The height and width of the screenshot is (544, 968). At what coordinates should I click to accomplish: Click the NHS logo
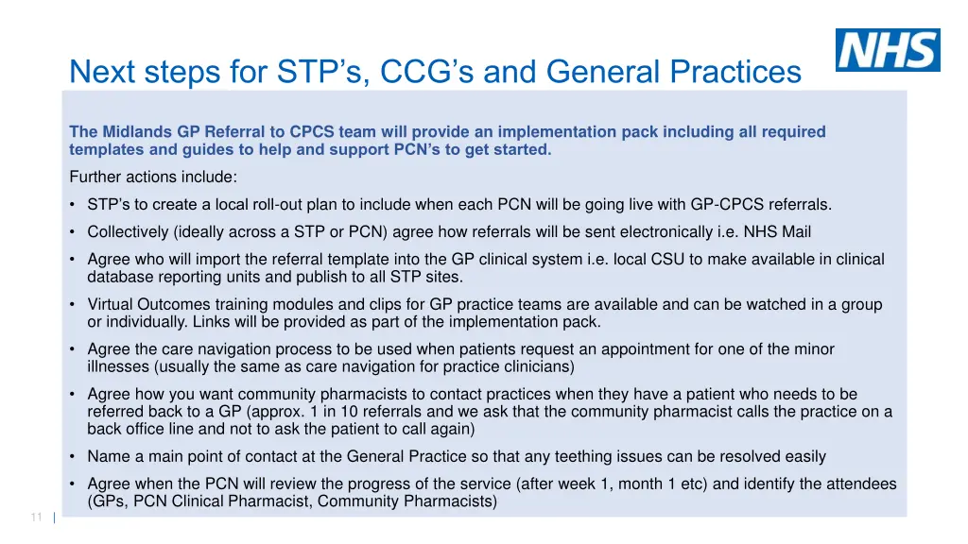point(887,50)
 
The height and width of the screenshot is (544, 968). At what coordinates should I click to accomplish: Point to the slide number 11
point(37,517)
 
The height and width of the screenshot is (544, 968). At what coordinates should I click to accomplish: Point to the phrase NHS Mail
point(778,231)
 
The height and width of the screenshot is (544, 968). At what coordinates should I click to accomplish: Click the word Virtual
point(111,304)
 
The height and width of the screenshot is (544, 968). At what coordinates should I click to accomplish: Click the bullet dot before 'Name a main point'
point(73,457)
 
